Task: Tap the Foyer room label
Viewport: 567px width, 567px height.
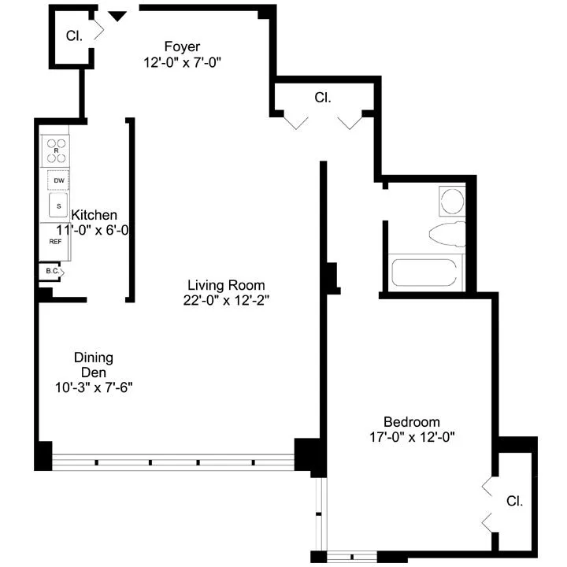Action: (x=182, y=46)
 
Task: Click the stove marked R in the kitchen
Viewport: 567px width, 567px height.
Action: (x=57, y=149)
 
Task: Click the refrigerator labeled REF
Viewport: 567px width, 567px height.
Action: (x=56, y=242)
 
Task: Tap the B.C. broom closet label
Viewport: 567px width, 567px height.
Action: (x=51, y=272)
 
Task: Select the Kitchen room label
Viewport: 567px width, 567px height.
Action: (x=94, y=215)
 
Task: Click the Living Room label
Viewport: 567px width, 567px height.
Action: (x=225, y=284)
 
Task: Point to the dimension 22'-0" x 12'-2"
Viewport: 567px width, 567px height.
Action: (x=225, y=299)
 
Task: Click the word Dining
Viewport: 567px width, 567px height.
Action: (x=94, y=357)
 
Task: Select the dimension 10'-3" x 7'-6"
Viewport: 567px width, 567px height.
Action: (x=94, y=387)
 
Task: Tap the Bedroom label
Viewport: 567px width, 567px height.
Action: (x=411, y=421)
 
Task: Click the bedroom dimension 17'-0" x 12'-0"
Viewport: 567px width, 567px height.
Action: (x=412, y=436)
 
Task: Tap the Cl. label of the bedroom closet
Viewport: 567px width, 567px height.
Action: (x=514, y=501)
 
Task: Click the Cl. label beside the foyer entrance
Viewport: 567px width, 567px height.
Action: (x=74, y=35)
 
